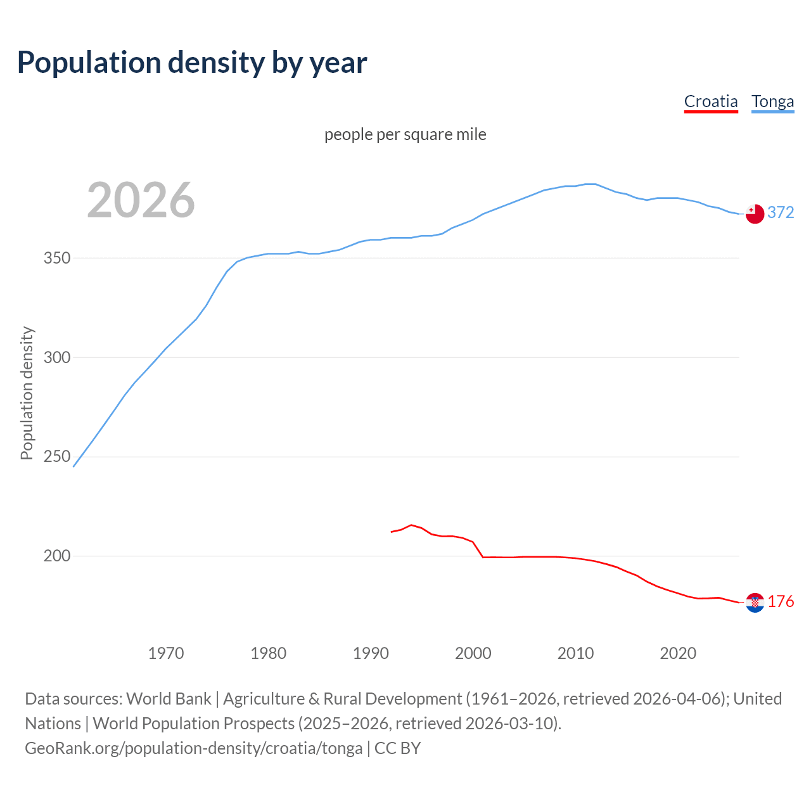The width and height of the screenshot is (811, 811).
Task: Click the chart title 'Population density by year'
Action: pyautogui.click(x=192, y=63)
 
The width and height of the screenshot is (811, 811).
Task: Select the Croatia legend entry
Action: pyautogui.click(x=711, y=101)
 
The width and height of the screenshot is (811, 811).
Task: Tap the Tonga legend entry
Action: pyautogui.click(x=772, y=101)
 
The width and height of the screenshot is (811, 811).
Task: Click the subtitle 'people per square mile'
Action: pyautogui.click(x=405, y=134)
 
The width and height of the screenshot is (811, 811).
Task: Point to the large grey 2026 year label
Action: pyautogui.click(x=141, y=200)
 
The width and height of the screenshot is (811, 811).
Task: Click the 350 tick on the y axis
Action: pyautogui.click(x=57, y=259)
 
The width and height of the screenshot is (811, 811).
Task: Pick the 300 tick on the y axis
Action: pyautogui.click(x=57, y=357)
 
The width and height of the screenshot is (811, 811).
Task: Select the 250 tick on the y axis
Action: pyautogui.click(x=57, y=457)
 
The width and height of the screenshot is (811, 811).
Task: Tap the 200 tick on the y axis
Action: pyautogui.click(x=57, y=556)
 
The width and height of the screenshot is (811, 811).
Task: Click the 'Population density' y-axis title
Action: pyautogui.click(x=27, y=393)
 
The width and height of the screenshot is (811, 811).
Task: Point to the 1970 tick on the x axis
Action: pyautogui.click(x=166, y=653)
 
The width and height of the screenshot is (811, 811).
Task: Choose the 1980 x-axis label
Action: pyautogui.click(x=268, y=653)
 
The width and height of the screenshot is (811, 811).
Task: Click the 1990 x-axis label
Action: pyautogui.click(x=371, y=653)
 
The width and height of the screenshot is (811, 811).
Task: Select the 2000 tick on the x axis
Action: pyautogui.click(x=473, y=653)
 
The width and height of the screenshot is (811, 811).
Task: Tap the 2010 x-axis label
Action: pyautogui.click(x=575, y=653)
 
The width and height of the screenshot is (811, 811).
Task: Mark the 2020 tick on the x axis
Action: pyautogui.click(x=678, y=653)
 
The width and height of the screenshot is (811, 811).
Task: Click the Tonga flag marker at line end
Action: pyautogui.click(x=755, y=214)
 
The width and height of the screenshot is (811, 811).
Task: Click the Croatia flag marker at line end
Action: pyautogui.click(x=755, y=603)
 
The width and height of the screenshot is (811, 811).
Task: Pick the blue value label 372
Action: pyautogui.click(x=781, y=213)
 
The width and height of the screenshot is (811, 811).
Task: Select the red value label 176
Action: pyautogui.click(x=781, y=601)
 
